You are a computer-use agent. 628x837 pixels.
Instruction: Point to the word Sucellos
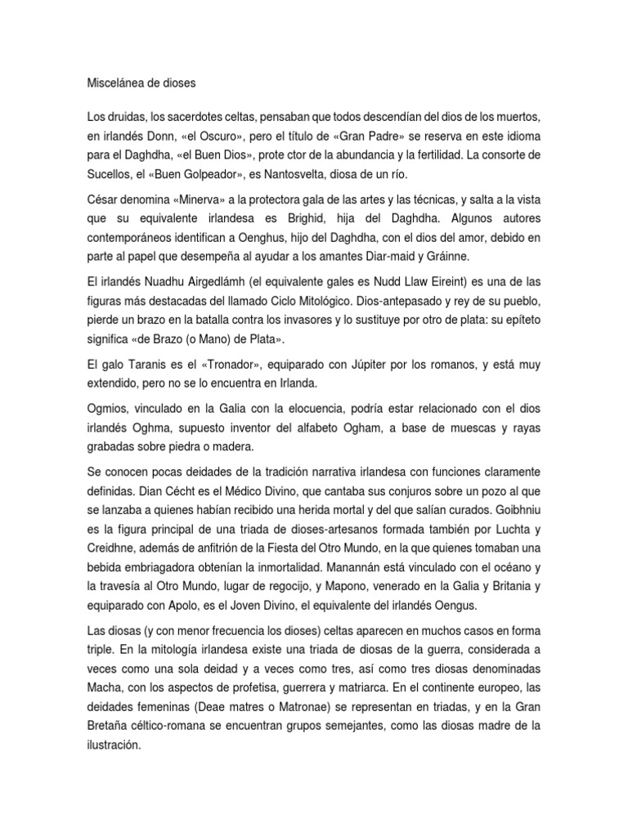(111, 177)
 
